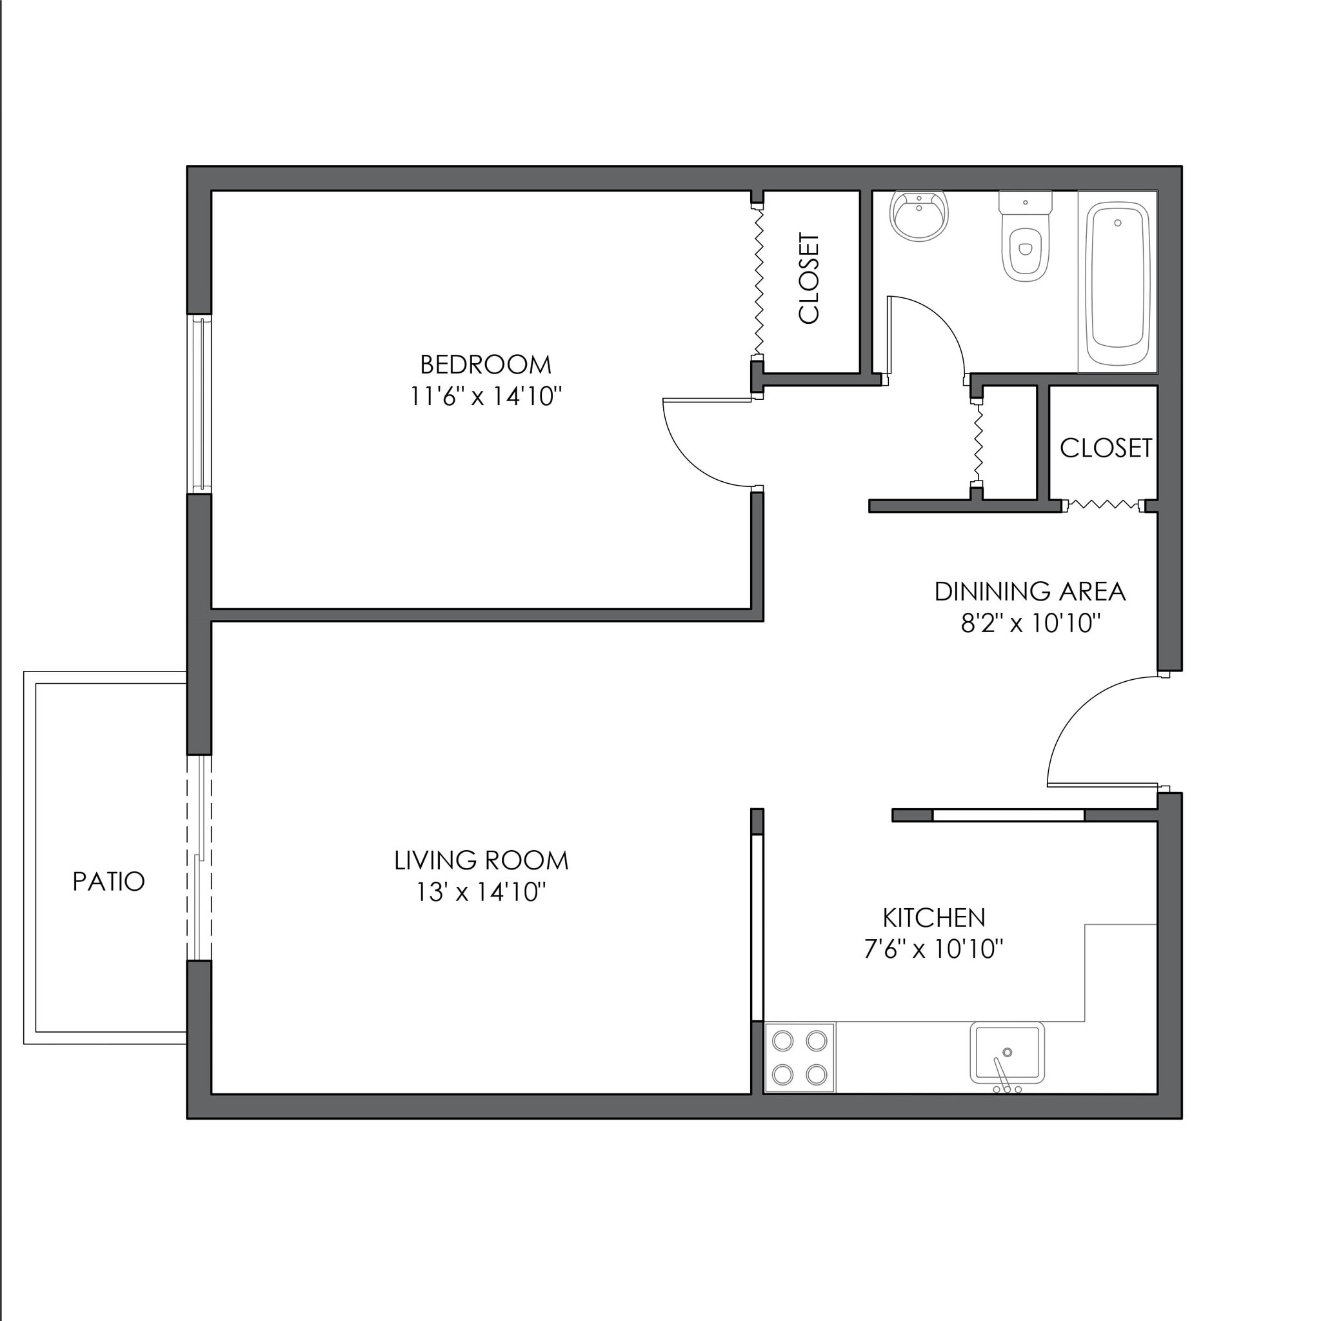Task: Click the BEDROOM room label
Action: [x=486, y=365]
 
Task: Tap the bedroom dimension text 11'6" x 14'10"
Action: [x=486, y=397]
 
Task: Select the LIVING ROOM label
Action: [x=481, y=861]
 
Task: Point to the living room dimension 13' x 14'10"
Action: [x=481, y=892]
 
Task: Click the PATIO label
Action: [x=109, y=882]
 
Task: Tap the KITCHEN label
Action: [x=934, y=918]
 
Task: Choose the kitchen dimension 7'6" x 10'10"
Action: [x=934, y=949]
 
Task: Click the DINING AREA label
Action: [x=1029, y=592]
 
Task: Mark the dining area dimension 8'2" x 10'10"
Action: [x=1029, y=624]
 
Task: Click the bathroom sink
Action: [x=920, y=215]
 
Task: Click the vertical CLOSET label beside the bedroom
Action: [x=809, y=278]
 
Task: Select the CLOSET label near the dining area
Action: [x=1106, y=448]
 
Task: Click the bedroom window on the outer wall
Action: [x=200, y=403]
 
